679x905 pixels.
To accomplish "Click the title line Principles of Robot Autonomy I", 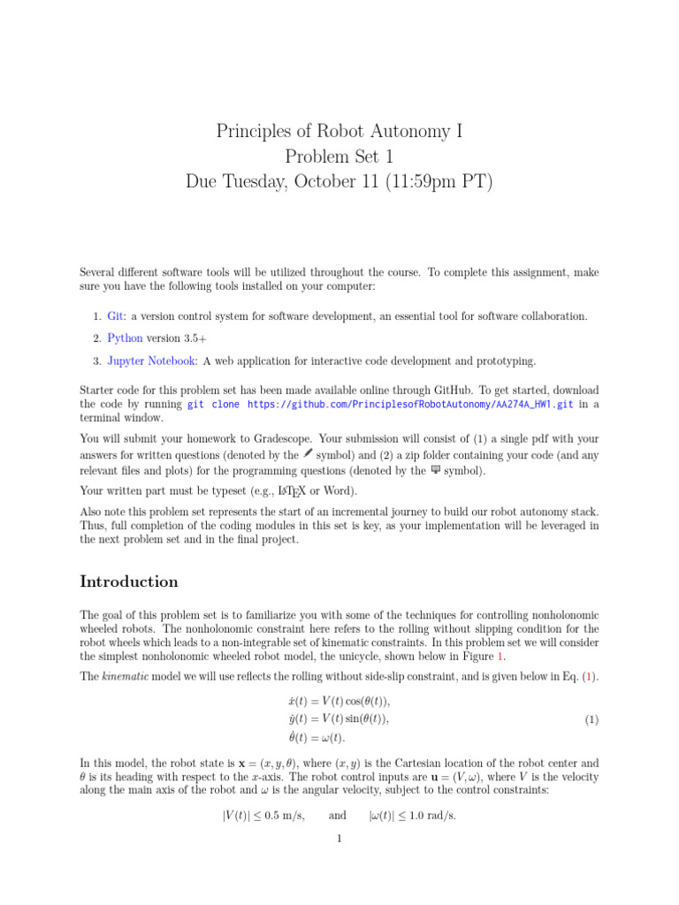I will pos(339,133).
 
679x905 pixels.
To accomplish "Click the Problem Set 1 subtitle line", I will pos(339,157).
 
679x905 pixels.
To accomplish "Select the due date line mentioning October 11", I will pos(339,182).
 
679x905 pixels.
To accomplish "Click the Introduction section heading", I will pos(129,582).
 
